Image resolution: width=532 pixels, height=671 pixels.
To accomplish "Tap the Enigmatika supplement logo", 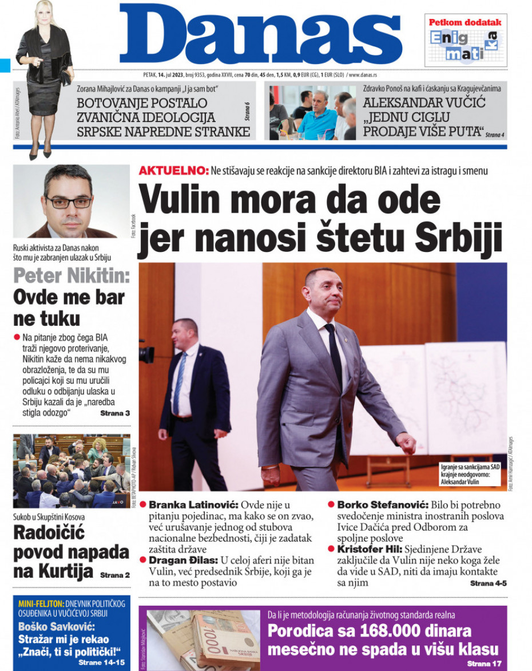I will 464,45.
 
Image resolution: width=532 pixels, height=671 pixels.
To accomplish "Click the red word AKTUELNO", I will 173,171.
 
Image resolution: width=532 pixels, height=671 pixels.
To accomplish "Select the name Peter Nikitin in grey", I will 72,276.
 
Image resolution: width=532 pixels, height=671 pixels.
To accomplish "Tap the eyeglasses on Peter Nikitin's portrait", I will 69,202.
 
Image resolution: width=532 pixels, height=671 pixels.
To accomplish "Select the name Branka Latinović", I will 193,505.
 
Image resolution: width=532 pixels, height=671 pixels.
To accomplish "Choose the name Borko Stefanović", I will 382,505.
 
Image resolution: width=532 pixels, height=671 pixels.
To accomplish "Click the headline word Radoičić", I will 49,534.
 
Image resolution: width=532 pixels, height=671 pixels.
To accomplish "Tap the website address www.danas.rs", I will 362,74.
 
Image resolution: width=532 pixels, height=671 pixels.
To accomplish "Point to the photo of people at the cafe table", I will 312,112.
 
